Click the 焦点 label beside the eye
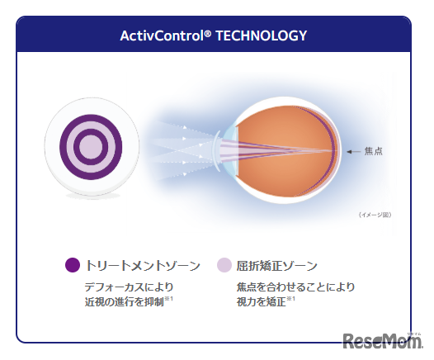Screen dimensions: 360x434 click(372, 151)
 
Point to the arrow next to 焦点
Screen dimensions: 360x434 click(352, 151)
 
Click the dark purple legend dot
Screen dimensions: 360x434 click(72, 265)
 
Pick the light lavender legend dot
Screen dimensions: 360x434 click(224, 265)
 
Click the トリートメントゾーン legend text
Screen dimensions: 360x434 click(142, 265)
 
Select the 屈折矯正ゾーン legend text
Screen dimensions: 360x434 click(277, 265)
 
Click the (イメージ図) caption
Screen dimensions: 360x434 click(375, 215)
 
